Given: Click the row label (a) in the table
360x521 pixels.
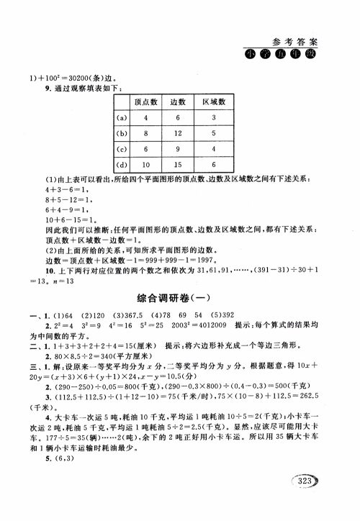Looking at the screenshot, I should (x=122, y=117).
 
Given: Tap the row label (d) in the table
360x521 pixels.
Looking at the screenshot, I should (x=122, y=166).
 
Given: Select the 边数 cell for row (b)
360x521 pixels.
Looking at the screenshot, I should (x=180, y=133).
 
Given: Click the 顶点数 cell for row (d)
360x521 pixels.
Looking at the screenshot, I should (x=147, y=166).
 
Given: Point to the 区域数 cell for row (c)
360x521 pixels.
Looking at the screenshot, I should (x=215, y=150).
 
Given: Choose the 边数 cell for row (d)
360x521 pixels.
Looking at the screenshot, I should (x=180, y=166).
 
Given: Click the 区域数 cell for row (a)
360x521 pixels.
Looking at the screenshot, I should (x=215, y=117).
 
